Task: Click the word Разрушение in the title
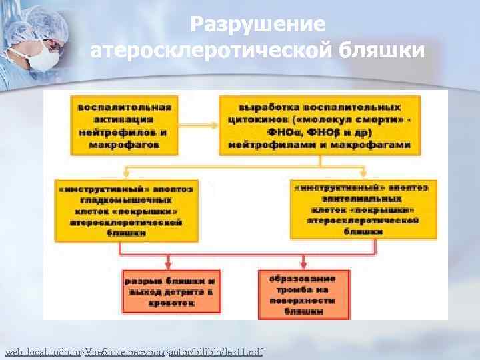coord(258,25)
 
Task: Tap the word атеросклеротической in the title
coord(215,50)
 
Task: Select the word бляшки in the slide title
coord(381,50)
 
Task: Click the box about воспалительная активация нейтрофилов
coord(125,125)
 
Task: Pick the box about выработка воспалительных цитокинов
coord(319,125)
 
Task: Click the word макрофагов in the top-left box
coord(125,143)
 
